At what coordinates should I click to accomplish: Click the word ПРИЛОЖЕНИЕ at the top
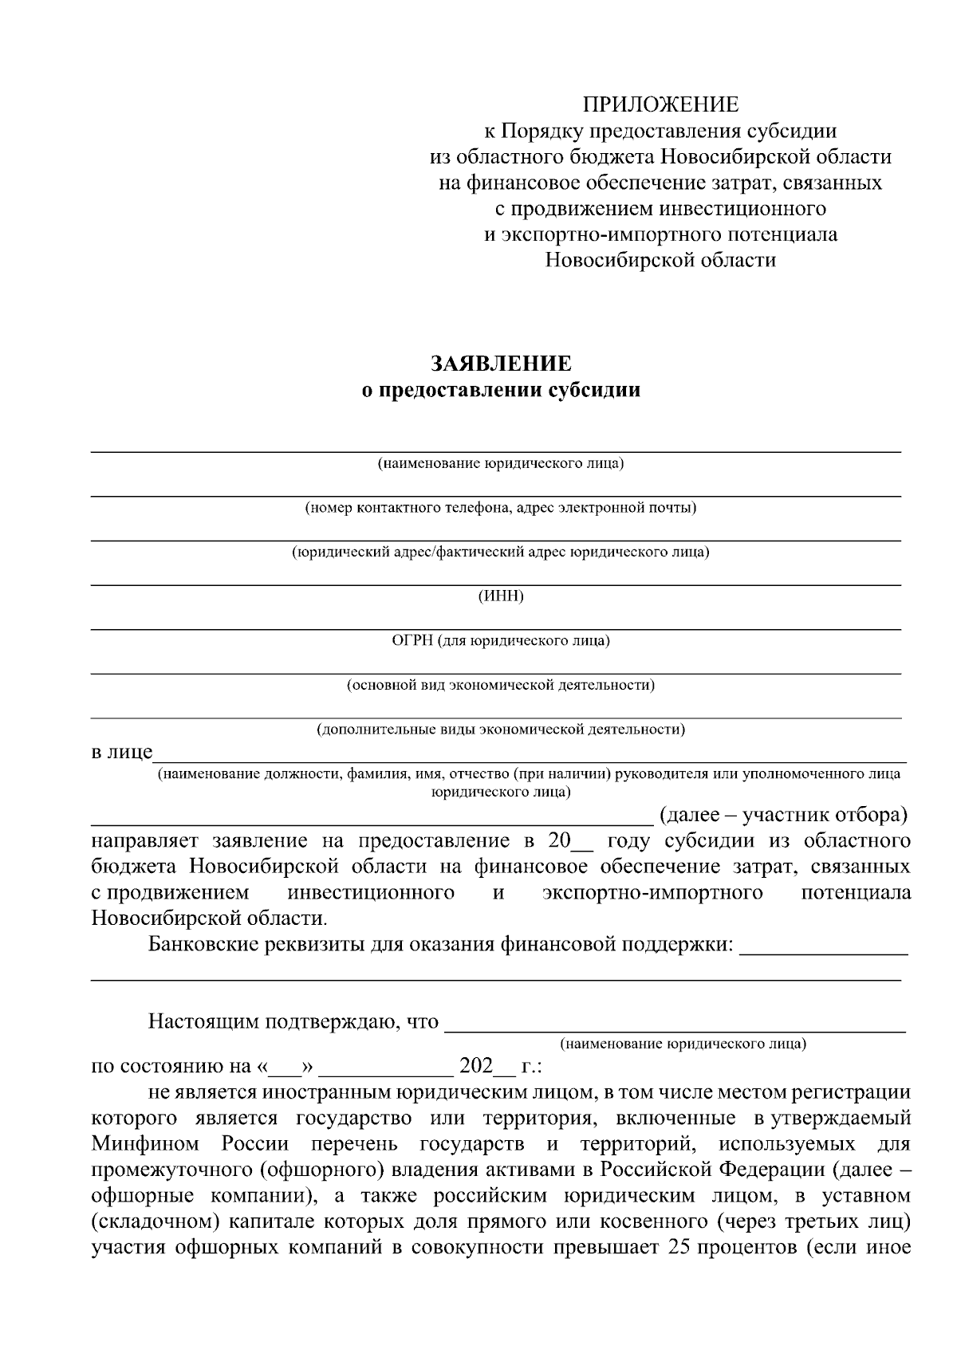(660, 104)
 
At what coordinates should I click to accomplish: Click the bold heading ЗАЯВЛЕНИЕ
(501, 364)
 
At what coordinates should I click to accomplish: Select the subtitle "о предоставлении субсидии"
(501, 391)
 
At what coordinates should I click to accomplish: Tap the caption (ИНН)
(500, 596)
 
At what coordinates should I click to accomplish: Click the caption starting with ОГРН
(500, 640)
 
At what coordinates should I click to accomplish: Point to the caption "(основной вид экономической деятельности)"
(500, 685)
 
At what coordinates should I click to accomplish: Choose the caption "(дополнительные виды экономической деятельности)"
(500, 730)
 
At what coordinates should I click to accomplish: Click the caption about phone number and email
(500, 507)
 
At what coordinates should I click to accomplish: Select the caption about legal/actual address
(500, 552)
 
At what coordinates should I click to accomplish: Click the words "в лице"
(121, 753)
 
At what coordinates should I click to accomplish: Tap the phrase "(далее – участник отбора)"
(784, 815)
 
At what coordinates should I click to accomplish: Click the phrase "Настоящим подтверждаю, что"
(293, 1021)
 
